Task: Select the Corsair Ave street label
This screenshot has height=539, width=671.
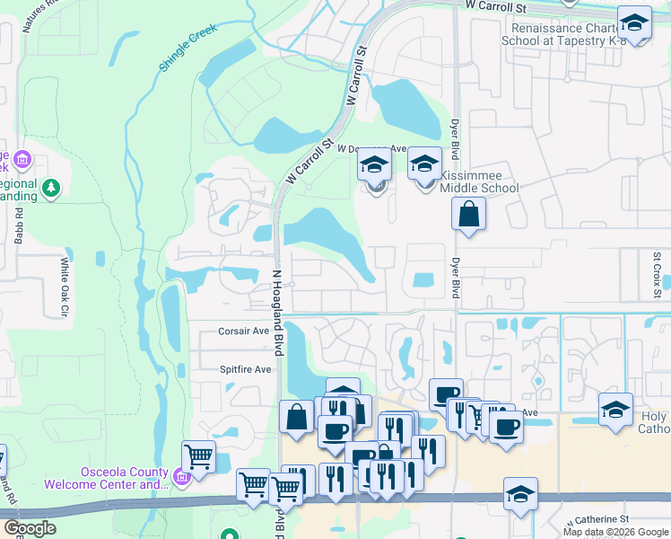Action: click(244, 331)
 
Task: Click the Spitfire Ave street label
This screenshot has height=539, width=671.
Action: click(245, 369)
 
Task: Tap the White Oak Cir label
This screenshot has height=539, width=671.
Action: click(64, 285)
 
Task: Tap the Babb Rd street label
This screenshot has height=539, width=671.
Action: click(20, 225)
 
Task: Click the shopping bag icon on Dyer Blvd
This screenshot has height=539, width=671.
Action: click(468, 215)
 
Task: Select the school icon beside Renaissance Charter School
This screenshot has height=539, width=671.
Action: click(634, 24)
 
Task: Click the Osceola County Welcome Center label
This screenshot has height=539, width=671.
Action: click(125, 478)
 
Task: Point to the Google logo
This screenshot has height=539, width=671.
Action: click(30, 529)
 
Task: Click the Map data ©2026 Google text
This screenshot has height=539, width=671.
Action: click(615, 532)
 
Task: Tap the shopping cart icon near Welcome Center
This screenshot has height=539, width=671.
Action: click(198, 456)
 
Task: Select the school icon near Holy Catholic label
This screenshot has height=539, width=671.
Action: click(615, 410)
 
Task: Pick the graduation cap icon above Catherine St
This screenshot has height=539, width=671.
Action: click(520, 493)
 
